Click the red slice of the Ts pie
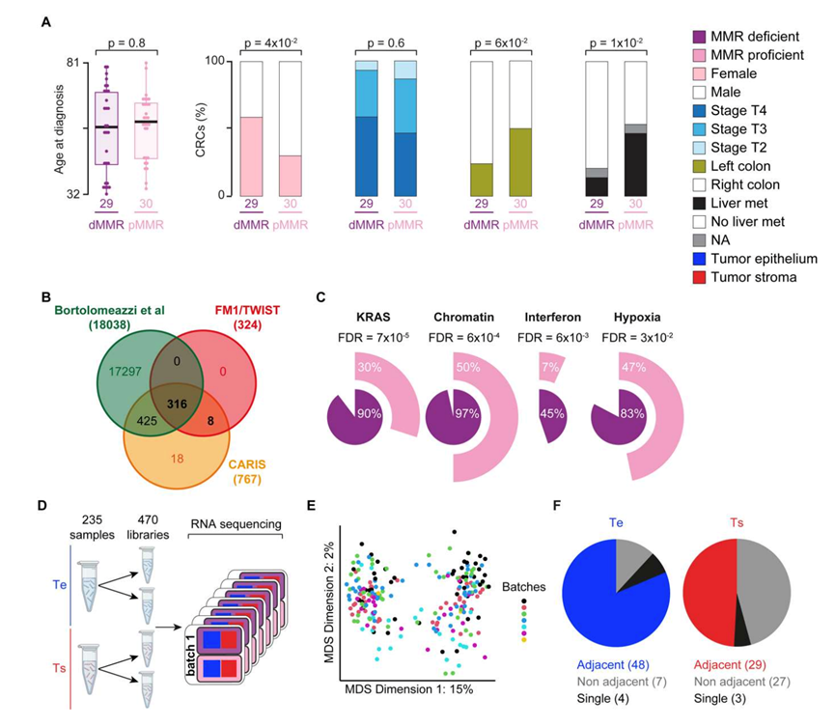point(709,589)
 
